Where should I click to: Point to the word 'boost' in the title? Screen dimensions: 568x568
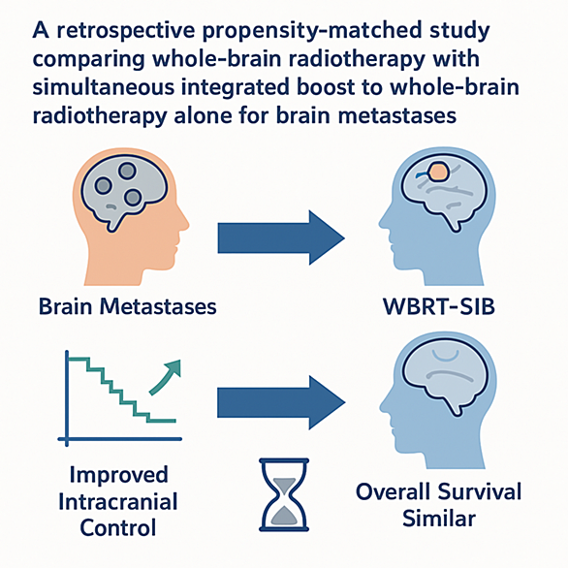(x=319, y=87)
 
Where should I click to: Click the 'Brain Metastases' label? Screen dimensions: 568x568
(x=128, y=306)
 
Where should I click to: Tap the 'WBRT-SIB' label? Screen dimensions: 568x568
(x=439, y=307)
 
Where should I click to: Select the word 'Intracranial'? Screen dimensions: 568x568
(x=118, y=502)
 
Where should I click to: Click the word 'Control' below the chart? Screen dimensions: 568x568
(x=118, y=527)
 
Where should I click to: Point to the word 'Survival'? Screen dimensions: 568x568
(x=480, y=492)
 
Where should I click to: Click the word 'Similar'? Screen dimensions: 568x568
(x=439, y=518)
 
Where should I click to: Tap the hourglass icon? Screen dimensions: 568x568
(x=284, y=495)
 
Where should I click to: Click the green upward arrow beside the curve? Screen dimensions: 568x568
(x=165, y=378)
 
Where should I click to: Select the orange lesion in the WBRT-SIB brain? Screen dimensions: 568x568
(x=439, y=172)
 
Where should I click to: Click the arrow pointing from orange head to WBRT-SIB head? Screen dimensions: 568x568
(x=281, y=237)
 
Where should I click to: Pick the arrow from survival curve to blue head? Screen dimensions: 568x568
(x=281, y=402)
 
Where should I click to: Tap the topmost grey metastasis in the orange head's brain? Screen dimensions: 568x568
(x=127, y=171)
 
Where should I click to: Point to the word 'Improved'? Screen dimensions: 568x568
(x=119, y=475)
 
